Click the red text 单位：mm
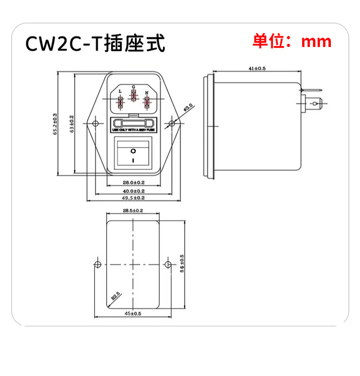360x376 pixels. (x=292, y=41)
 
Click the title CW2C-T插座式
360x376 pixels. (x=96, y=44)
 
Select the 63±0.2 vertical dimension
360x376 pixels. (x=72, y=124)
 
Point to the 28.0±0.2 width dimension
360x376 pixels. (x=133, y=182)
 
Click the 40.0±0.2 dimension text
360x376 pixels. (x=133, y=191)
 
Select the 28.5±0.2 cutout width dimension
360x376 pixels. (x=133, y=211)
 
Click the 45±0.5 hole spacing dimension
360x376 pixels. (x=133, y=313)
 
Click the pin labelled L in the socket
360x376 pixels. (x=120, y=102)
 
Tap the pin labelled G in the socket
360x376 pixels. (x=134, y=96)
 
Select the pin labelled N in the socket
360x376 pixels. (x=147, y=102)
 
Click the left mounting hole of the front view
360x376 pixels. (x=96, y=124)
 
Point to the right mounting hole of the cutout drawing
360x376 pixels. (x=168, y=263)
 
